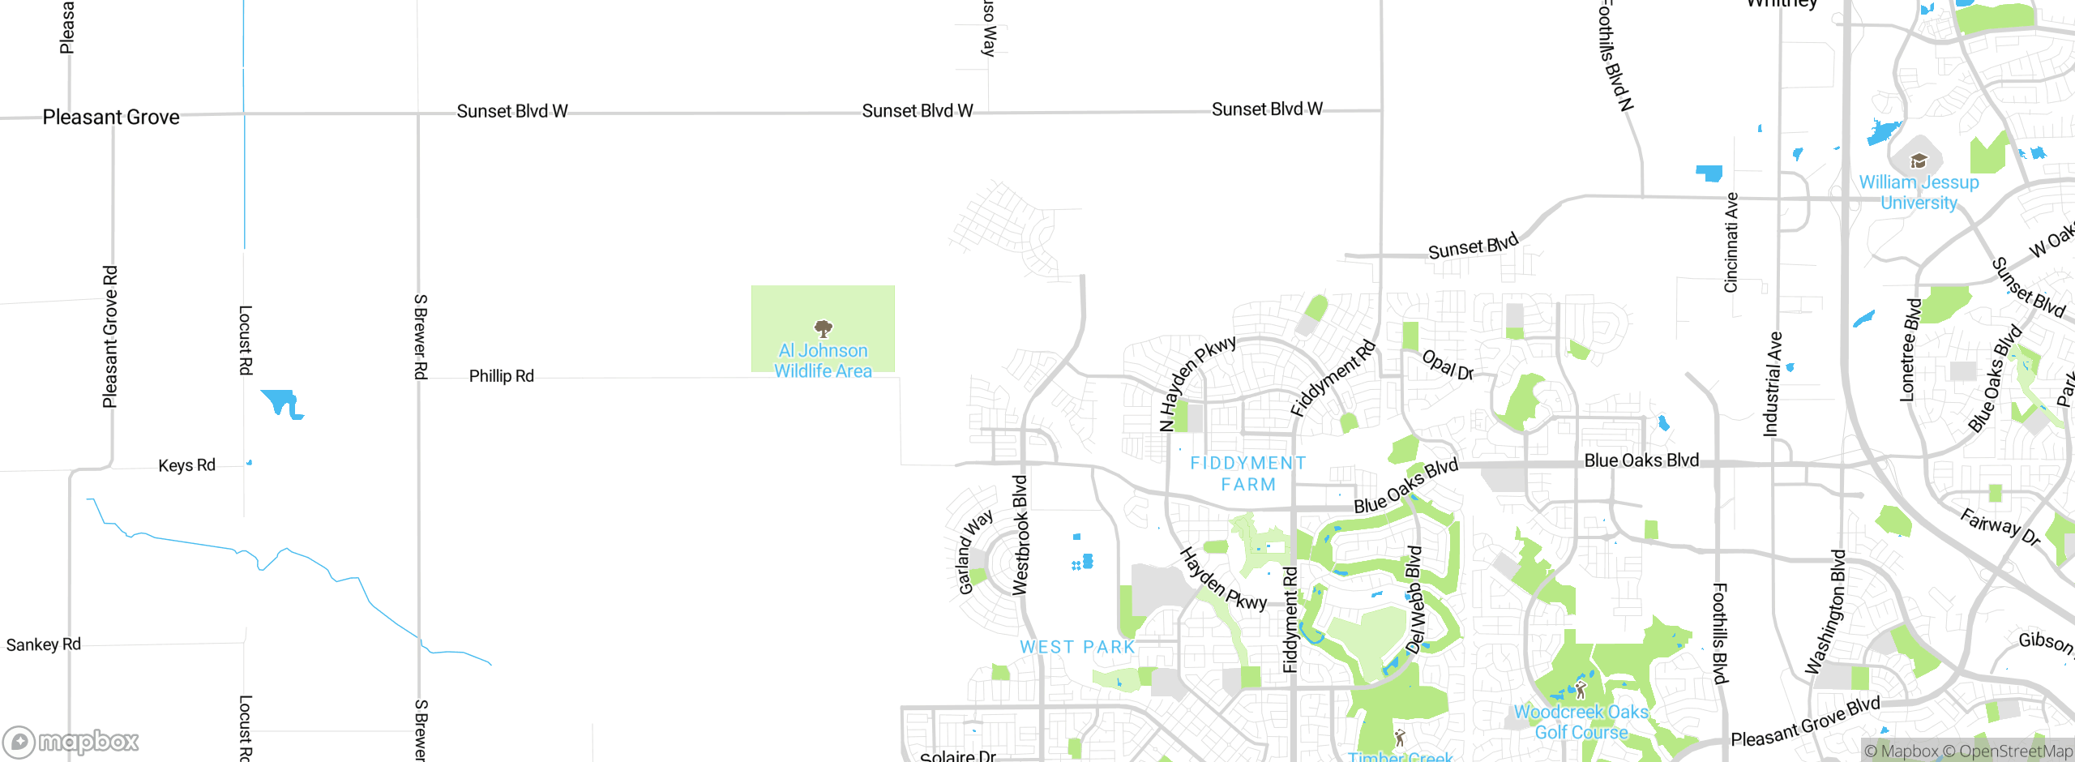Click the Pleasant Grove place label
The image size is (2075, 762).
(x=111, y=118)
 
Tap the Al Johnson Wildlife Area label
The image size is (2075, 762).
(x=823, y=361)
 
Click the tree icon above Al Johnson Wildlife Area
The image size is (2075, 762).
(x=824, y=328)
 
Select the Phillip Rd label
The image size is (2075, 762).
(x=501, y=376)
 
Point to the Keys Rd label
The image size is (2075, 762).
(x=186, y=465)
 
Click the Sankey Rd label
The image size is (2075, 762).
(x=44, y=644)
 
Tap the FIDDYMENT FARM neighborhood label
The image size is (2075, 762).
(x=1248, y=473)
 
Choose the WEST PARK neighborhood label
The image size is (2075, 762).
(x=1077, y=647)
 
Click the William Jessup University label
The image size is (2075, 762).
(x=1919, y=193)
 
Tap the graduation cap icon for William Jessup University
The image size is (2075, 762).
(x=1919, y=161)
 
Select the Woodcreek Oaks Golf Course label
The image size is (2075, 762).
(x=1581, y=722)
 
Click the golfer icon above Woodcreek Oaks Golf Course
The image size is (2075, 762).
(x=1581, y=690)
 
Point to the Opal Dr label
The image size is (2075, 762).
(x=1448, y=365)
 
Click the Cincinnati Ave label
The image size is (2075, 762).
(x=1731, y=242)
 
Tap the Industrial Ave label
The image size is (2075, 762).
(x=1773, y=383)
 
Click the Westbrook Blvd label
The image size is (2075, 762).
(x=1020, y=535)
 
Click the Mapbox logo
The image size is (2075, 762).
(x=71, y=741)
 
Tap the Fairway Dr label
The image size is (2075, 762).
(x=2000, y=526)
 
